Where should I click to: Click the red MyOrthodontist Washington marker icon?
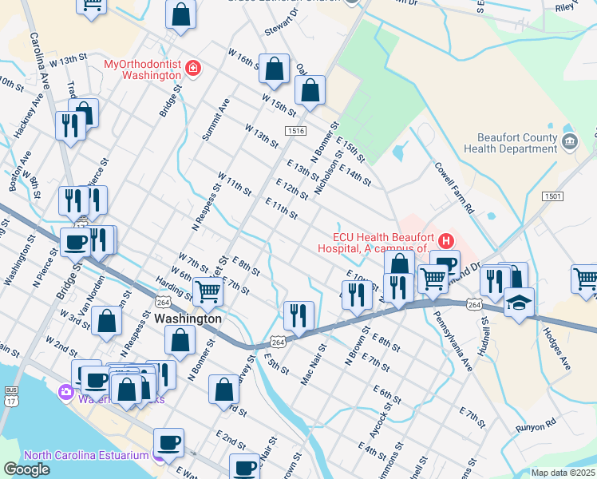point(192,69)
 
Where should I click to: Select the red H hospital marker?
point(445,240)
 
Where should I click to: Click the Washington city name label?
point(188,318)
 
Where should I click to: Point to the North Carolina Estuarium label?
point(86,455)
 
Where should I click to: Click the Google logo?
point(26,469)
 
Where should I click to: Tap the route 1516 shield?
point(295,130)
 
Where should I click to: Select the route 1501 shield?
point(552,196)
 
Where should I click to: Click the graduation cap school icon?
point(519,303)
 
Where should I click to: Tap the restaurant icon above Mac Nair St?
point(298,314)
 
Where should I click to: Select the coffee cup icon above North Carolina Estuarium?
point(168,441)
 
